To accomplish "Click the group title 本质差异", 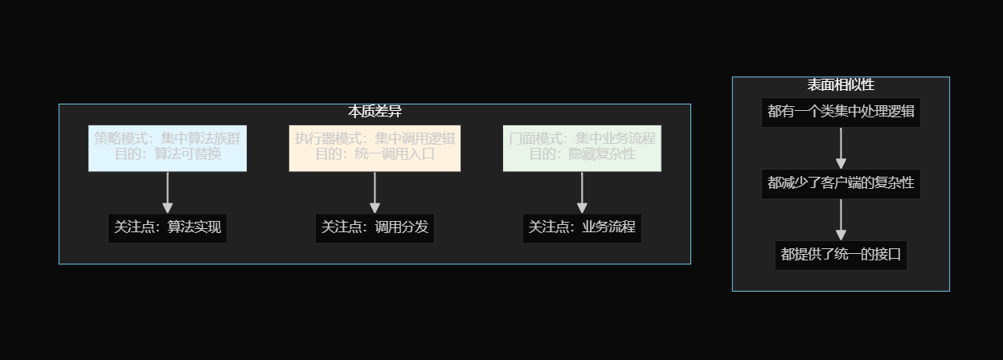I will click(x=375, y=112).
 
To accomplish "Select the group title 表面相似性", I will click(x=841, y=84).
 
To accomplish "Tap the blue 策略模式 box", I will click(x=167, y=148).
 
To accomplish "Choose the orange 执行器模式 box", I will click(x=375, y=148).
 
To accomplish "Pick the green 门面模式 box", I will click(x=582, y=148).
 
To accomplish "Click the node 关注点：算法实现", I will click(x=167, y=227).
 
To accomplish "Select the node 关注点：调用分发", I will click(x=375, y=227).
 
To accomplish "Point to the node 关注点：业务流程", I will click(x=582, y=227).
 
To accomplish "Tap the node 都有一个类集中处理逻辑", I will click(x=841, y=112).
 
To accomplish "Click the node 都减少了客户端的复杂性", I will click(x=841, y=183).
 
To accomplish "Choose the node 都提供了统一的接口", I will click(x=841, y=255).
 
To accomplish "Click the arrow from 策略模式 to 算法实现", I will click(x=167, y=192).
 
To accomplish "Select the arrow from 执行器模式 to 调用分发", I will click(x=375, y=192).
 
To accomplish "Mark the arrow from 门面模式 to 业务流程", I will click(x=582, y=192).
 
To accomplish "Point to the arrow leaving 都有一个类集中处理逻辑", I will click(x=841, y=148).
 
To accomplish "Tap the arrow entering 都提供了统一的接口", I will click(x=841, y=219).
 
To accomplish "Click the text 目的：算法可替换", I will click(x=167, y=154).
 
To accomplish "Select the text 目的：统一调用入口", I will click(x=375, y=154).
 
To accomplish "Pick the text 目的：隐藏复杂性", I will click(x=582, y=154).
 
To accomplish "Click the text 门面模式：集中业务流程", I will click(x=582, y=138).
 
